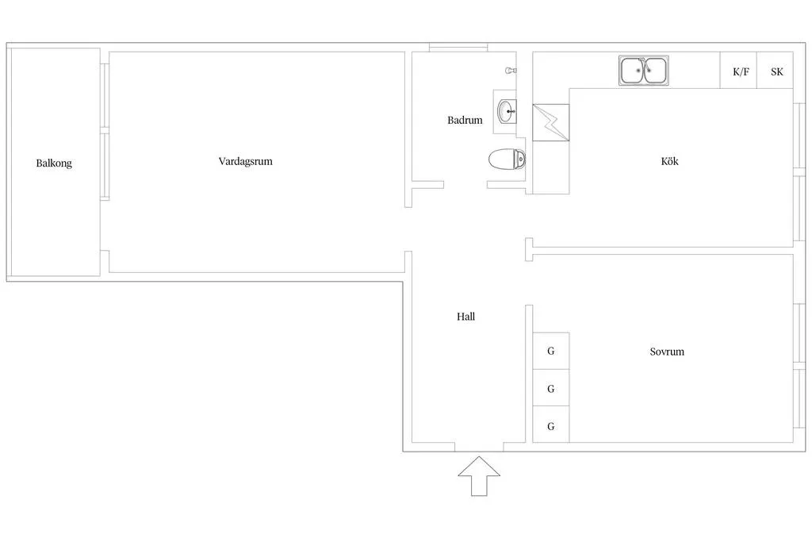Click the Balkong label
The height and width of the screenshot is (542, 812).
coord(54,163)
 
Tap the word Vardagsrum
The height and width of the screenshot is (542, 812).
coord(246,161)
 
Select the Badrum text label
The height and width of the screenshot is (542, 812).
coord(465,120)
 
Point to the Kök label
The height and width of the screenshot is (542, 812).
coord(669,161)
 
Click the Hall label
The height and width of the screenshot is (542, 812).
coord(465,317)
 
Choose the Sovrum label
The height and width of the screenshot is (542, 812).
coord(667,352)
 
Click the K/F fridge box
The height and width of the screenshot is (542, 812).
coord(738,70)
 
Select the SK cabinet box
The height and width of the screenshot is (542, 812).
coord(776,70)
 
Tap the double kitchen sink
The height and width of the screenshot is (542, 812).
coord(644,71)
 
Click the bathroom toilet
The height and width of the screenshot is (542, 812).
coord(507,159)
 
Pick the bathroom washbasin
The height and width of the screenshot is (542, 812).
coord(507,111)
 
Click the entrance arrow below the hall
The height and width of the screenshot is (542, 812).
coord(479,476)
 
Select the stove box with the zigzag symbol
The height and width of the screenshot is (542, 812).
coord(551,122)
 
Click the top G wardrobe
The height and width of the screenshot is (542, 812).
coord(551,351)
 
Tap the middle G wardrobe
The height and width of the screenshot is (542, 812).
coord(551,388)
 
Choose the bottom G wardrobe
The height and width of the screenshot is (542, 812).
coord(551,425)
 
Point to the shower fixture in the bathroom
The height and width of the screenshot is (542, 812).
coord(511,70)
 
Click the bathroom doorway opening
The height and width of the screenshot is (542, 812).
coord(465,184)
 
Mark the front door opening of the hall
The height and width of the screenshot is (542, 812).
coord(479,448)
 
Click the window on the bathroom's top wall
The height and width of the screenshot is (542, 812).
coord(458,48)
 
